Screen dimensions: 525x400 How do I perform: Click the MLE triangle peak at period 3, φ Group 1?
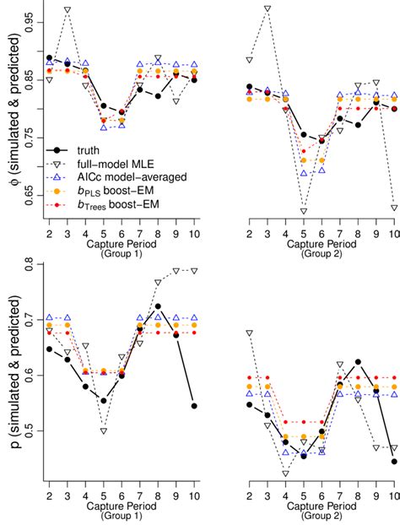click(x=68, y=10)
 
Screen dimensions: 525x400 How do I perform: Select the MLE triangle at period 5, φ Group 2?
click(x=304, y=211)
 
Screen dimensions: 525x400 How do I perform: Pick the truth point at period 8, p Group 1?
click(x=159, y=306)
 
